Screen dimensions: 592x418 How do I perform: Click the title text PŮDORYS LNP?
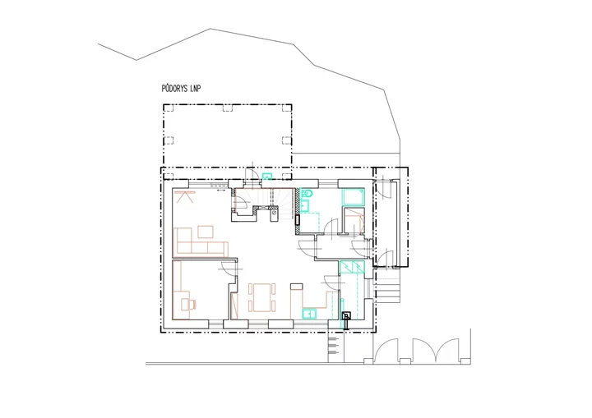(x=181, y=89)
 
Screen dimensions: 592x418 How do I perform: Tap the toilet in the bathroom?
(x=307, y=193)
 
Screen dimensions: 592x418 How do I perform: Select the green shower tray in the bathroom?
(x=353, y=196)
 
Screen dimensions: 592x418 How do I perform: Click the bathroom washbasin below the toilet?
(x=304, y=206)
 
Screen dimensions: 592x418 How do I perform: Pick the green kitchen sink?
(x=309, y=314)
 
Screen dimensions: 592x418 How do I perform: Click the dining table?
(x=262, y=297)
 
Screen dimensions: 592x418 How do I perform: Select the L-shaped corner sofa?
(x=201, y=241)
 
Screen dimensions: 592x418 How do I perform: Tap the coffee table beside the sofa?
(x=206, y=232)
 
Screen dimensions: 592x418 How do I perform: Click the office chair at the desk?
(x=189, y=304)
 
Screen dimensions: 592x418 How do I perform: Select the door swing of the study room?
(x=229, y=267)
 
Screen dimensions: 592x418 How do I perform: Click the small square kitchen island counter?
(x=296, y=287)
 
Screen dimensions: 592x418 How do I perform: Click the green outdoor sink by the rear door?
(x=267, y=177)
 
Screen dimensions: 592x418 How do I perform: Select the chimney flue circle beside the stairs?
(x=274, y=214)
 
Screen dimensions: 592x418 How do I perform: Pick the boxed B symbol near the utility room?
(x=346, y=316)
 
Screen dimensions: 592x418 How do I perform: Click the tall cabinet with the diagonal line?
(x=235, y=305)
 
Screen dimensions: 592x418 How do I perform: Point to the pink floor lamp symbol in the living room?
(x=185, y=197)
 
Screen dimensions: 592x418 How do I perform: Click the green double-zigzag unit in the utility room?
(x=352, y=267)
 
